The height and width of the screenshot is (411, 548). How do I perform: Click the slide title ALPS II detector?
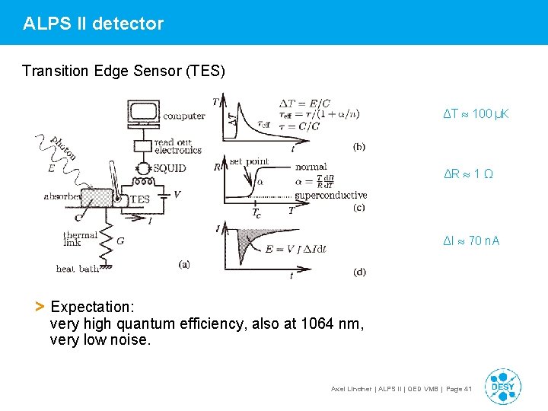pyautogui.click(x=93, y=24)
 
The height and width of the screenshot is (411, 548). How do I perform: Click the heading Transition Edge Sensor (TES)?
pyautogui.click(x=123, y=72)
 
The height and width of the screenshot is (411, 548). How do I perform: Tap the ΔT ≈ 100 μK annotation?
pyautogui.click(x=476, y=114)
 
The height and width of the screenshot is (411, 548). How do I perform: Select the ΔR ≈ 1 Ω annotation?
pyautogui.click(x=468, y=174)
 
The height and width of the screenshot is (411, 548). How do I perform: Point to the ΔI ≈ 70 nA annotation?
pyautogui.click(x=472, y=241)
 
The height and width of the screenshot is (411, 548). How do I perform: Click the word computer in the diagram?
pyautogui.click(x=183, y=116)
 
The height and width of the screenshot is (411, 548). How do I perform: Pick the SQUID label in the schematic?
pyautogui.click(x=169, y=168)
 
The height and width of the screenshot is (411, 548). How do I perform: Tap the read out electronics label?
pyautogui.click(x=177, y=146)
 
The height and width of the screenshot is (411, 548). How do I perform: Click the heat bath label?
pyautogui.click(x=77, y=269)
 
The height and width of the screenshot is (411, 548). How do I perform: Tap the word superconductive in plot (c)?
pyautogui.click(x=331, y=196)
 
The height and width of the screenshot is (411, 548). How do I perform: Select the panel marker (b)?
pyautogui.click(x=359, y=146)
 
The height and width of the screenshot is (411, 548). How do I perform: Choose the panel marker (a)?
pyautogui.click(x=183, y=264)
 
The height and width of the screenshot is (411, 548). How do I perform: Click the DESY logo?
pyautogui.click(x=502, y=387)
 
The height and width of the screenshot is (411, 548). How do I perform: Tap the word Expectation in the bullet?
pyautogui.click(x=91, y=307)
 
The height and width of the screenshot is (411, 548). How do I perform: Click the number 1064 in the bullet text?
pyautogui.click(x=318, y=324)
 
